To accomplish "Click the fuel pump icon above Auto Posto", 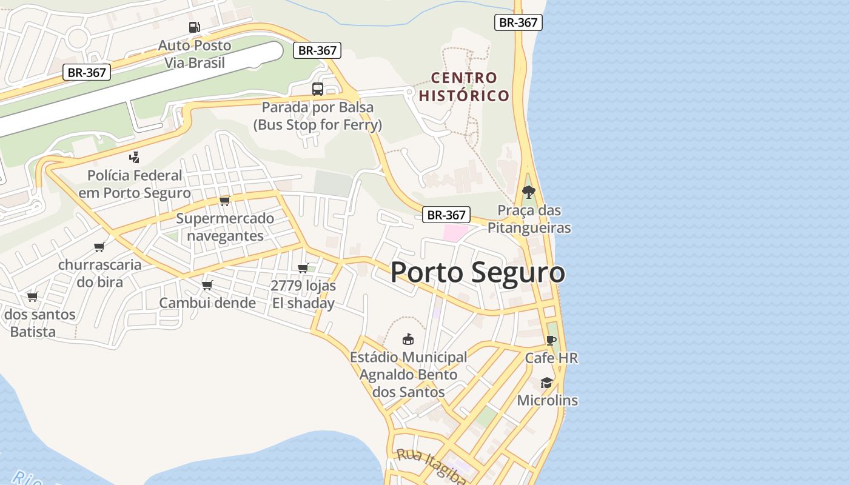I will pyautogui.click(x=194, y=27).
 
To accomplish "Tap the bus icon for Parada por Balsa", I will pyautogui.click(x=318, y=89).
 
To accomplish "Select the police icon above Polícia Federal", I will pyautogui.click(x=135, y=158).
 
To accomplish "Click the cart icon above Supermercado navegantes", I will pyautogui.click(x=225, y=201).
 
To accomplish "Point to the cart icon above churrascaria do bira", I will pyautogui.click(x=99, y=247).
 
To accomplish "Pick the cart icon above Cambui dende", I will pyautogui.click(x=207, y=285).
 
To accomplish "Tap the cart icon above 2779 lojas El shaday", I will pyautogui.click(x=303, y=268).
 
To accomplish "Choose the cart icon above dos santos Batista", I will pyautogui.click(x=33, y=296).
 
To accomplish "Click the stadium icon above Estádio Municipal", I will pyautogui.click(x=408, y=339).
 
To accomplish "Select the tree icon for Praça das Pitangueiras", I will pyautogui.click(x=529, y=192).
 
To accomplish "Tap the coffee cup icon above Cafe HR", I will pyautogui.click(x=551, y=340).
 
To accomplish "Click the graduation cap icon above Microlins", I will pyautogui.click(x=547, y=383).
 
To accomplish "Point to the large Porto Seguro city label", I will pyautogui.click(x=478, y=272).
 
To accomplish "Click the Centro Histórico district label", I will pyautogui.click(x=464, y=87).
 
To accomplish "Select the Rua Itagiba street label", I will pyautogui.click(x=431, y=466).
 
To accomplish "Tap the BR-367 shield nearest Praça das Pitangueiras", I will pyautogui.click(x=446, y=215).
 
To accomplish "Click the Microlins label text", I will pyautogui.click(x=548, y=401).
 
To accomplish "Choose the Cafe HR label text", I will pyautogui.click(x=551, y=358).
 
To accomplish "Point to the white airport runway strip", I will pyautogui.click(x=139, y=88).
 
